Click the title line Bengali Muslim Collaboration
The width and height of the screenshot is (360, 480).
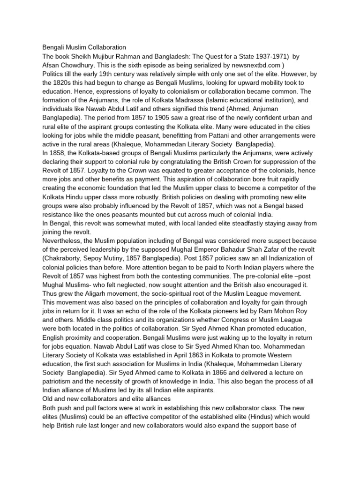(x=84, y=47)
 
